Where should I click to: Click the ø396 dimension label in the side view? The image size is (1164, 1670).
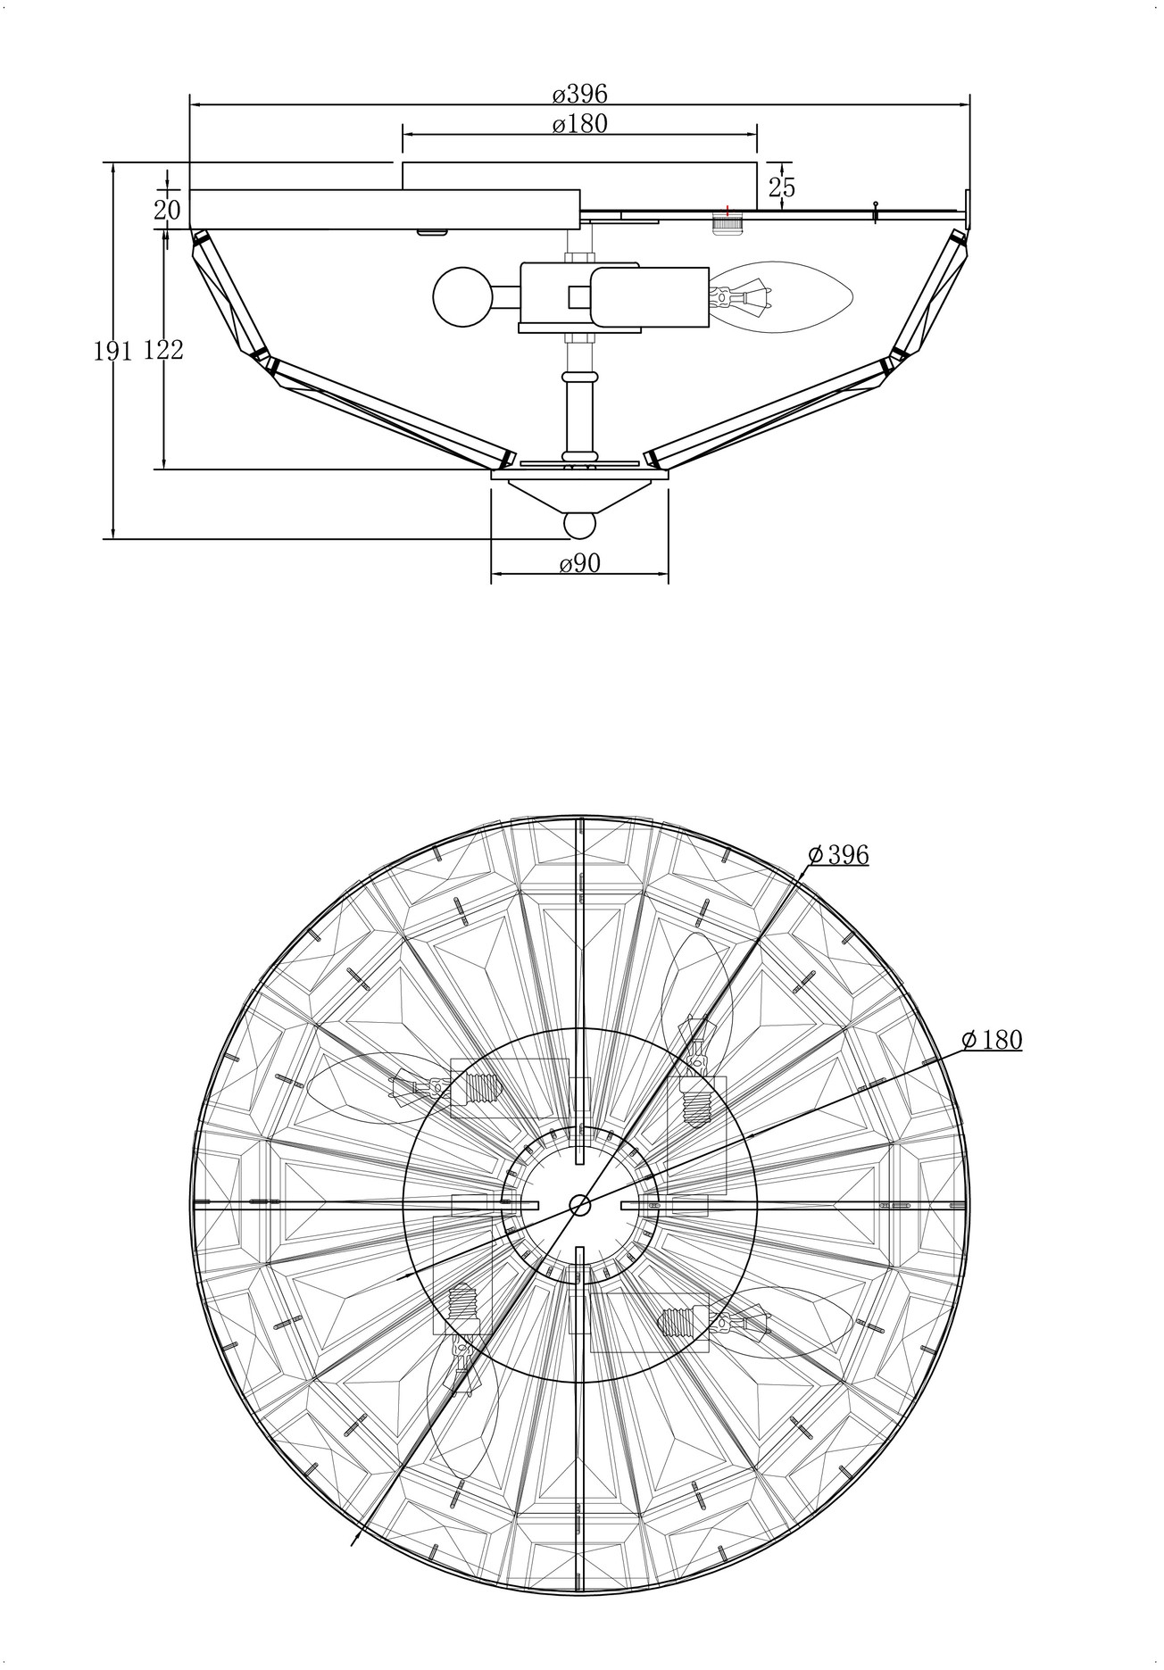(579, 93)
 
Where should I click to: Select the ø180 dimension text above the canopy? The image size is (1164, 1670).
(579, 123)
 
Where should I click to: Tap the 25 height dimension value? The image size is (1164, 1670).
(781, 187)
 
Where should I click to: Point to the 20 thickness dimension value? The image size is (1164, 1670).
(167, 211)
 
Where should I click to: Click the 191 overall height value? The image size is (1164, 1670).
(113, 351)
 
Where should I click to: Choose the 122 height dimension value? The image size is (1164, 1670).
(163, 351)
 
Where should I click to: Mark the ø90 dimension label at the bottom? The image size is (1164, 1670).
(580, 564)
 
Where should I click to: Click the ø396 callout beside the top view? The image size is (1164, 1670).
(838, 855)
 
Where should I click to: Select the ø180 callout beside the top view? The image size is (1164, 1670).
(992, 1040)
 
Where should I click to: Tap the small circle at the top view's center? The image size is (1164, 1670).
(580, 1205)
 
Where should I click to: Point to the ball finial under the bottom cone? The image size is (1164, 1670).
(580, 525)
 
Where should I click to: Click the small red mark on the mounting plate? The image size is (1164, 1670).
(728, 211)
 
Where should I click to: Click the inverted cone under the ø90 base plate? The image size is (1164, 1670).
(579, 496)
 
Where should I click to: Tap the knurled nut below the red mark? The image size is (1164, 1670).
(728, 223)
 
